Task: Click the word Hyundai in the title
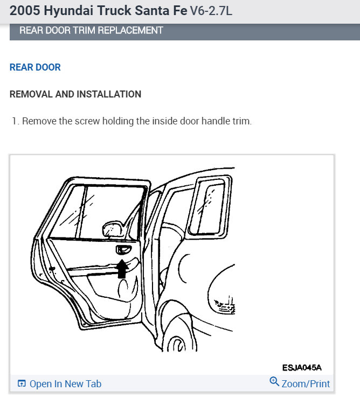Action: coord(63,10)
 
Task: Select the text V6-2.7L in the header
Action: coord(211,10)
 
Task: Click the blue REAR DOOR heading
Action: coord(35,67)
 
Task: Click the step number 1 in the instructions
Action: coord(15,121)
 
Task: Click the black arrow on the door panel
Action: coord(122,268)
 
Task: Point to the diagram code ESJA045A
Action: coord(301,368)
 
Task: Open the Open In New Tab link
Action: coord(65,384)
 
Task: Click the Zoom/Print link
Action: coord(306,384)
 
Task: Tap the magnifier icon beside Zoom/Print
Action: coord(274,382)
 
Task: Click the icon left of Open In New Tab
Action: coord(22,384)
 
